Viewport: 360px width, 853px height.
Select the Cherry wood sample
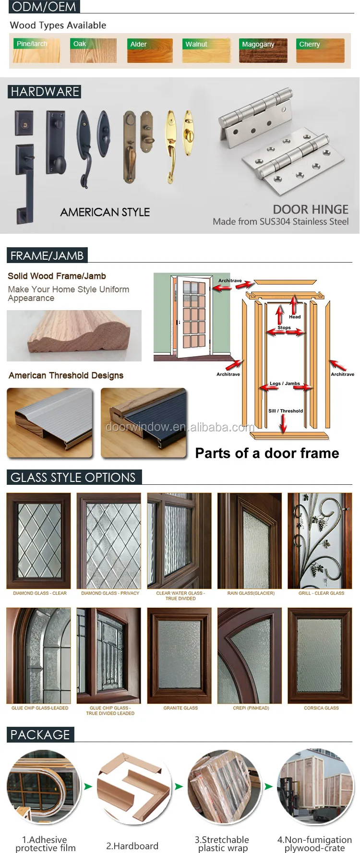coord(320,50)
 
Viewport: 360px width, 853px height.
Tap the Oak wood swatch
coord(93,50)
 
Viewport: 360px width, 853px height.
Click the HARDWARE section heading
coord(45,92)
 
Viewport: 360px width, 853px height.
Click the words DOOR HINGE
coord(311,209)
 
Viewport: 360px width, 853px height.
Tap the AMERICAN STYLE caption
coord(105,212)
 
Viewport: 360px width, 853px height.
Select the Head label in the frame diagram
coord(295,317)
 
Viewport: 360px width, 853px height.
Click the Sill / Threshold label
coord(286,411)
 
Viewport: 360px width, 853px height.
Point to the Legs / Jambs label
coord(285,384)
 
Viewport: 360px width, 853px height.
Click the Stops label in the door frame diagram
coord(284,327)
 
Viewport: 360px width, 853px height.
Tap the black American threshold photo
coord(144,422)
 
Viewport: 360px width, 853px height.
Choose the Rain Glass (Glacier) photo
coord(250,541)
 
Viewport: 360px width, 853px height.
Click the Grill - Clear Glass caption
coord(321,593)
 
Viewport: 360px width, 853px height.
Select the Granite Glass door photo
coord(180,655)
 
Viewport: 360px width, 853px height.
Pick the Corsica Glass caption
coord(321,708)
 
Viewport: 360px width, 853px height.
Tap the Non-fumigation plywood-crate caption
coord(314,843)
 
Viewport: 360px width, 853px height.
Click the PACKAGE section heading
coord(40,734)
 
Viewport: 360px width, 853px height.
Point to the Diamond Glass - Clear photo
coord(38,541)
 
